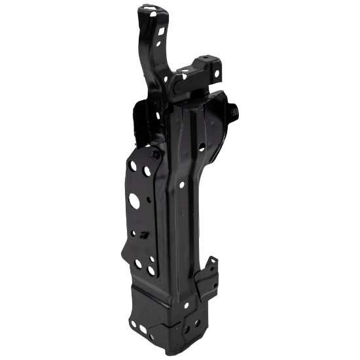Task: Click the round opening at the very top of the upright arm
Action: (x=151, y=9)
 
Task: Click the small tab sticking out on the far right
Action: (x=235, y=115)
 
